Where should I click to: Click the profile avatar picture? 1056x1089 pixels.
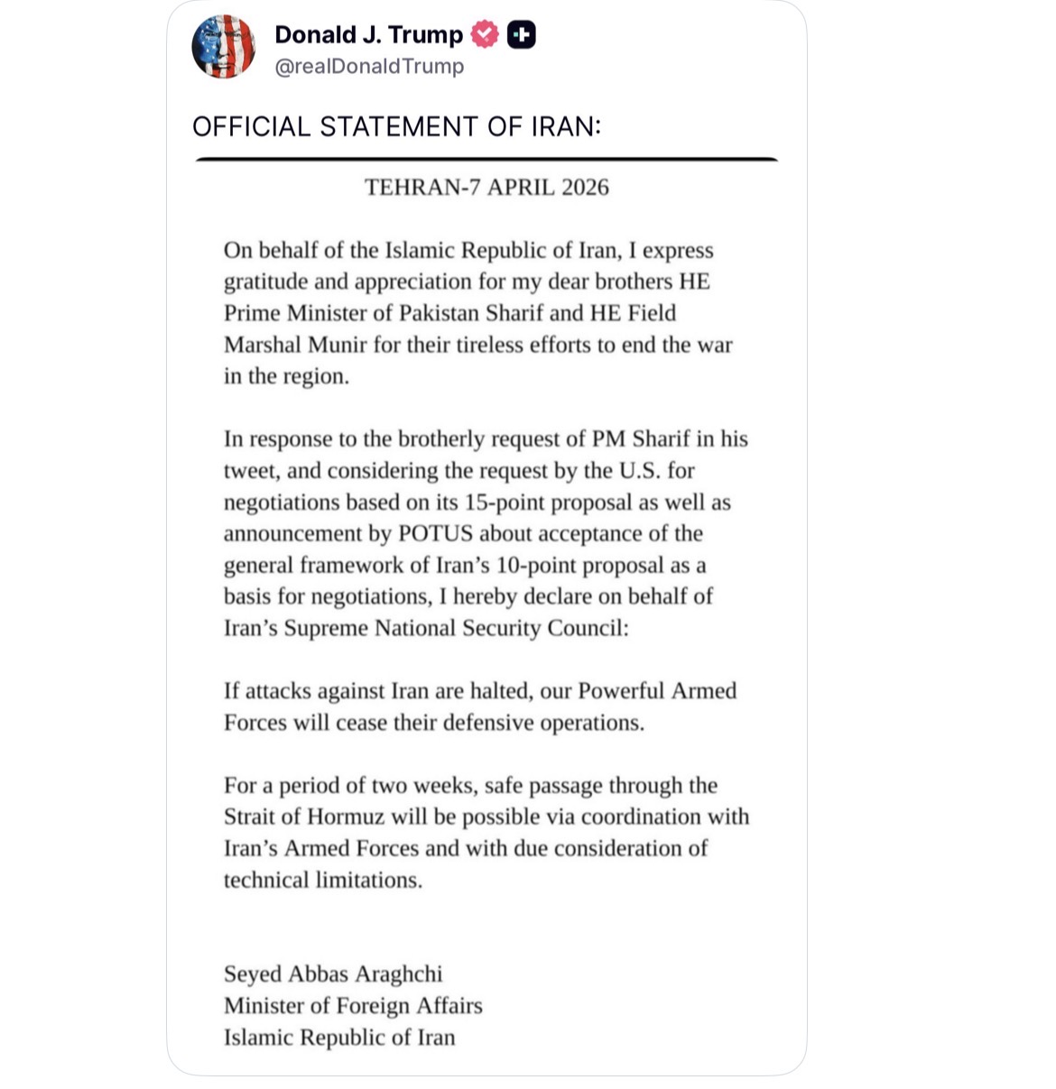click(x=223, y=46)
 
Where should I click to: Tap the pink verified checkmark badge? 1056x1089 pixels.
click(x=485, y=34)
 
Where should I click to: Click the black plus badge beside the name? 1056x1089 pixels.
click(x=522, y=34)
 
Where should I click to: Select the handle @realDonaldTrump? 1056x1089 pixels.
click(x=369, y=67)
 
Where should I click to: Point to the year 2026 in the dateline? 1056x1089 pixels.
click(x=585, y=187)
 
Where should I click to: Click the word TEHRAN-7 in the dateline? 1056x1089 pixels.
click(x=422, y=187)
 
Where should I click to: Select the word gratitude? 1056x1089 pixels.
click(x=266, y=281)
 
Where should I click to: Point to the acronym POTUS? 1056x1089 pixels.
click(x=435, y=533)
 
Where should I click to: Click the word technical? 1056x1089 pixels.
click(x=267, y=880)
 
